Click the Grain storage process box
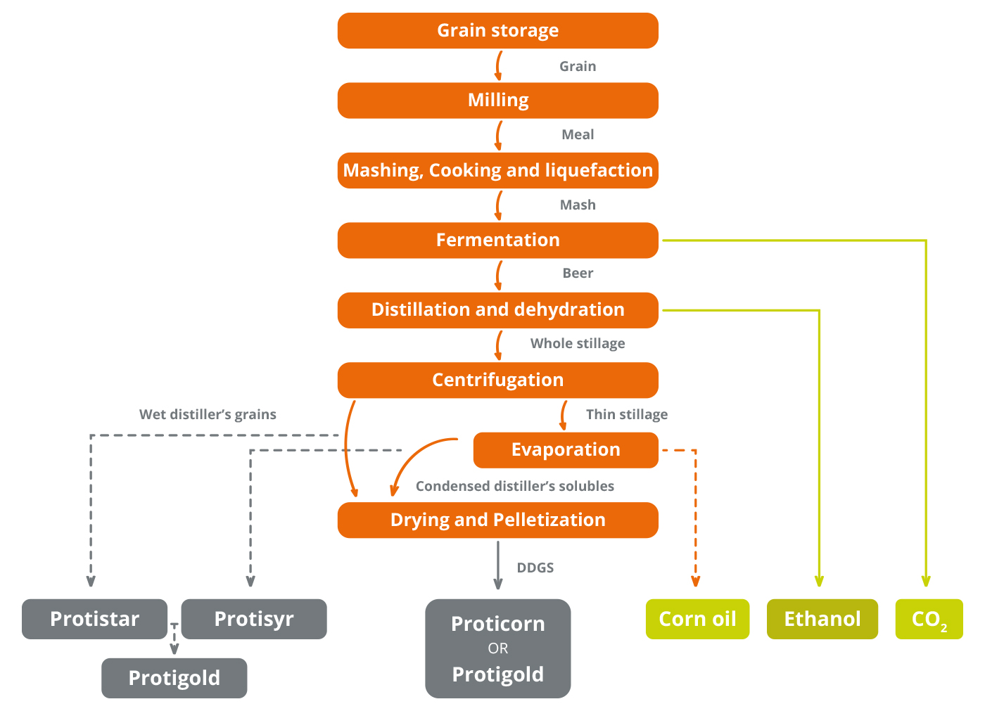pyautogui.click(x=497, y=30)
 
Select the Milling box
pyautogui.click(x=497, y=101)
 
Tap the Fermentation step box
pyautogui.click(x=497, y=240)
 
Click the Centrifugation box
pyautogui.click(x=497, y=380)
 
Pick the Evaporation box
pyautogui.click(x=566, y=450)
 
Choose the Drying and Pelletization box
pyautogui.click(x=497, y=520)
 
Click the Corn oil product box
pyautogui.click(x=697, y=619)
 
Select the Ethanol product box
pyautogui.click(x=822, y=619)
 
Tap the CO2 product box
pyautogui.click(x=929, y=619)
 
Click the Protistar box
pyautogui.click(x=94, y=619)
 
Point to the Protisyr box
pyautogui.click(x=253, y=619)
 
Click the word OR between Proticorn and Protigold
pyautogui.click(x=497, y=648)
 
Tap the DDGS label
pyautogui.click(x=535, y=568)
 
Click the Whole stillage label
pyautogui.click(x=577, y=343)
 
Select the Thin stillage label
pyautogui.click(x=626, y=414)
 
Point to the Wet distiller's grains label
pyautogui.click(x=208, y=414)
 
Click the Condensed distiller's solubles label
pyautogui.click(x=514, y=486)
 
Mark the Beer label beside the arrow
pyautogui.click(x=577, y=273)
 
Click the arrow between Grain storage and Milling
pyautogui.click(x=498, y=65)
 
